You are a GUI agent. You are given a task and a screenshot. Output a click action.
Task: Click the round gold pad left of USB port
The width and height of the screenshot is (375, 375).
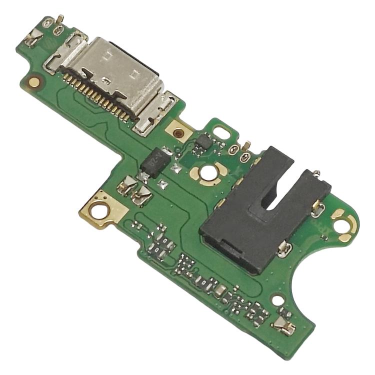click(34, 81)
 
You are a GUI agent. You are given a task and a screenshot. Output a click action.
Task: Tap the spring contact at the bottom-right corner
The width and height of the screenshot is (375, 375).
click(284, 325)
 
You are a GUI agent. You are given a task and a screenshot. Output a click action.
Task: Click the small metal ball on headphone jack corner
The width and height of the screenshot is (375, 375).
click(317, 174)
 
